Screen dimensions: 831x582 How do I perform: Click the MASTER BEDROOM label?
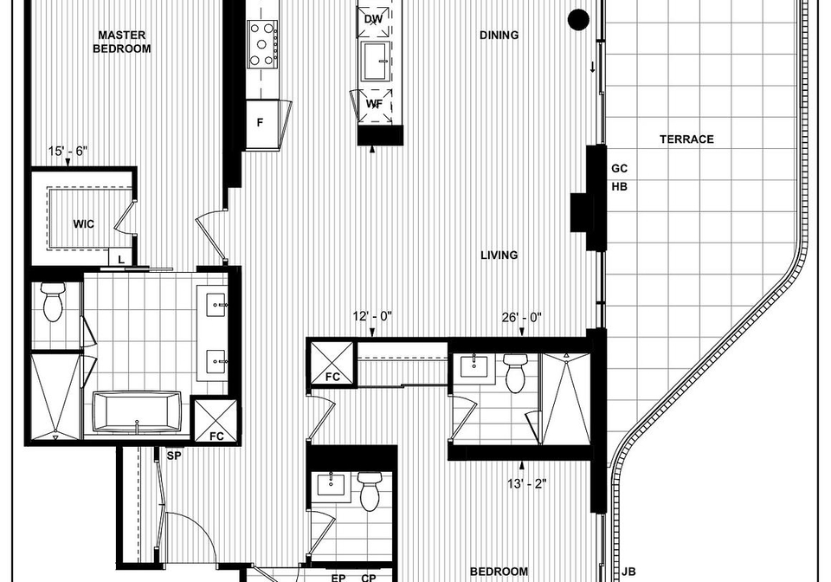(x=122, y=42)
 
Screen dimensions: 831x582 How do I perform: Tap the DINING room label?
(x=499, y=35)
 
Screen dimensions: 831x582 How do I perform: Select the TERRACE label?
(x=686, y=139)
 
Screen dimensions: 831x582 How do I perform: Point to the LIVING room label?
(x=499, y=255)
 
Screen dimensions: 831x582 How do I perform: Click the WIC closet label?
(x=84, y=224)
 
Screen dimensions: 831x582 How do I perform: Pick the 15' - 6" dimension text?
(x=68, y=151)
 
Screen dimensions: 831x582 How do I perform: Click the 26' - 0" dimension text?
(x=521, y=318)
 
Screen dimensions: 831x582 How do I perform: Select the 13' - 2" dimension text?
(x=527, y=483)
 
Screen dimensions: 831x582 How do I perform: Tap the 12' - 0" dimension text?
(x=372, y=316)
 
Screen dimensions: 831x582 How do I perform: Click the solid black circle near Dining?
(x=578, y=19)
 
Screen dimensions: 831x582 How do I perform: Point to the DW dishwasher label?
(x=373, y=20)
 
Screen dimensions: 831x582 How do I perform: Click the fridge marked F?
(x=261, y=124)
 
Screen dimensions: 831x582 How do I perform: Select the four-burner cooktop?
(x=262, y=44)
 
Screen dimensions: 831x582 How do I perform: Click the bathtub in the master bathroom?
(x=137, y=412)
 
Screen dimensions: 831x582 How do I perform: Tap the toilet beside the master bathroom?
(x=53, y=301)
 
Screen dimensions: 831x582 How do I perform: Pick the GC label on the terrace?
(x=619, y=169)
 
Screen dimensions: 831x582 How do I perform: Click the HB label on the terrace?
(x=619, y=186)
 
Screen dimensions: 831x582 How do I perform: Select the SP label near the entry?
(x=174, y=456)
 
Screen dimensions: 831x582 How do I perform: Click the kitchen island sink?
(x=376, y=61)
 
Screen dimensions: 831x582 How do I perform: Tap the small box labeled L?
(x=121, y=259)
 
